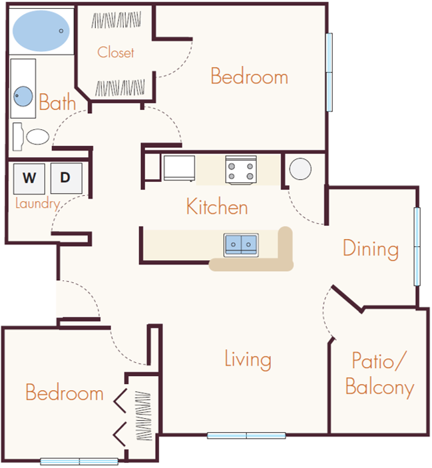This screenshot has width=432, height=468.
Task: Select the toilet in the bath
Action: click(34, 137)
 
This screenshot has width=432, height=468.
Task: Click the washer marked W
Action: click(29, 178)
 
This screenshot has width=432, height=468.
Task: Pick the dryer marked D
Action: click(65, 178)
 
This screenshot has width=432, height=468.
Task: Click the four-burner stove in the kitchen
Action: click(241, 169)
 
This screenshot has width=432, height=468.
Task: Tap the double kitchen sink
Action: click(241, 244)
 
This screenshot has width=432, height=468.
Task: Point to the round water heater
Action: click(300, 168)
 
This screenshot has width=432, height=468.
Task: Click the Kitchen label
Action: click(217, 207)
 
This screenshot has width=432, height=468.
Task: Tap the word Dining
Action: click(371, 249)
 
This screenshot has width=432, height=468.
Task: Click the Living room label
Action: click(248, 360)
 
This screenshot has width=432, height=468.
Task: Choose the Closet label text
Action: click(116, 53)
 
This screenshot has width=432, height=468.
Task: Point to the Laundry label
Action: click(38, 204)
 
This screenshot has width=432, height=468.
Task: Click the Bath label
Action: click(57, 103)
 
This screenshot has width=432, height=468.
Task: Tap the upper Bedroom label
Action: click(249, 76)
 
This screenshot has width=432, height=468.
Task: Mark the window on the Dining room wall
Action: click(417, 246)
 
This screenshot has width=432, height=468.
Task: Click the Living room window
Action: click(246, 436)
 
